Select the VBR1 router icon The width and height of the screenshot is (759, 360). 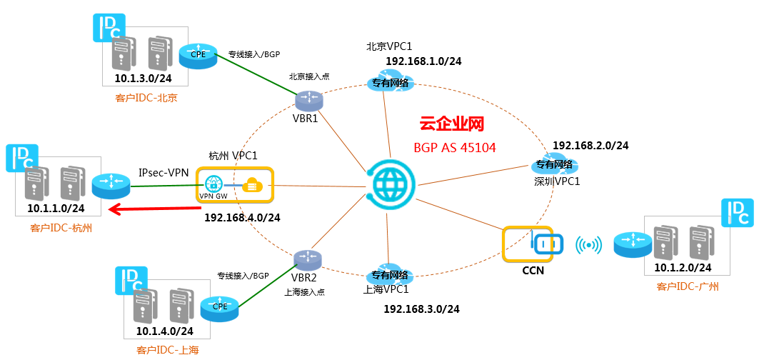point(308,100)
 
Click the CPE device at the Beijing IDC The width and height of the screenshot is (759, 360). point(197,54)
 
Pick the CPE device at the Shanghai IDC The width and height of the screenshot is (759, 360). point(219,307)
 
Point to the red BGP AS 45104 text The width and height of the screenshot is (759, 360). point(455,148)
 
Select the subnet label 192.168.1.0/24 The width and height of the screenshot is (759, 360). point(423,61)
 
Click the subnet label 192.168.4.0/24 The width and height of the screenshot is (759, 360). point(242,218)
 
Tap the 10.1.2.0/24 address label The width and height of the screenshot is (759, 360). point(683,267)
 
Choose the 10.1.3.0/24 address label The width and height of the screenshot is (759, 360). point(143,79)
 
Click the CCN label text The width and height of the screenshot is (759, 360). point(533,271)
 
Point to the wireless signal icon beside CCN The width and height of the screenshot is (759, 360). point(588,245)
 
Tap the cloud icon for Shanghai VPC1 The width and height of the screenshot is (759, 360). point(389,276)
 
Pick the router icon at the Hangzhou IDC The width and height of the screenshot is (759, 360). point(111,184)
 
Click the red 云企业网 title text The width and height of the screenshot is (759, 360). point(451,124)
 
